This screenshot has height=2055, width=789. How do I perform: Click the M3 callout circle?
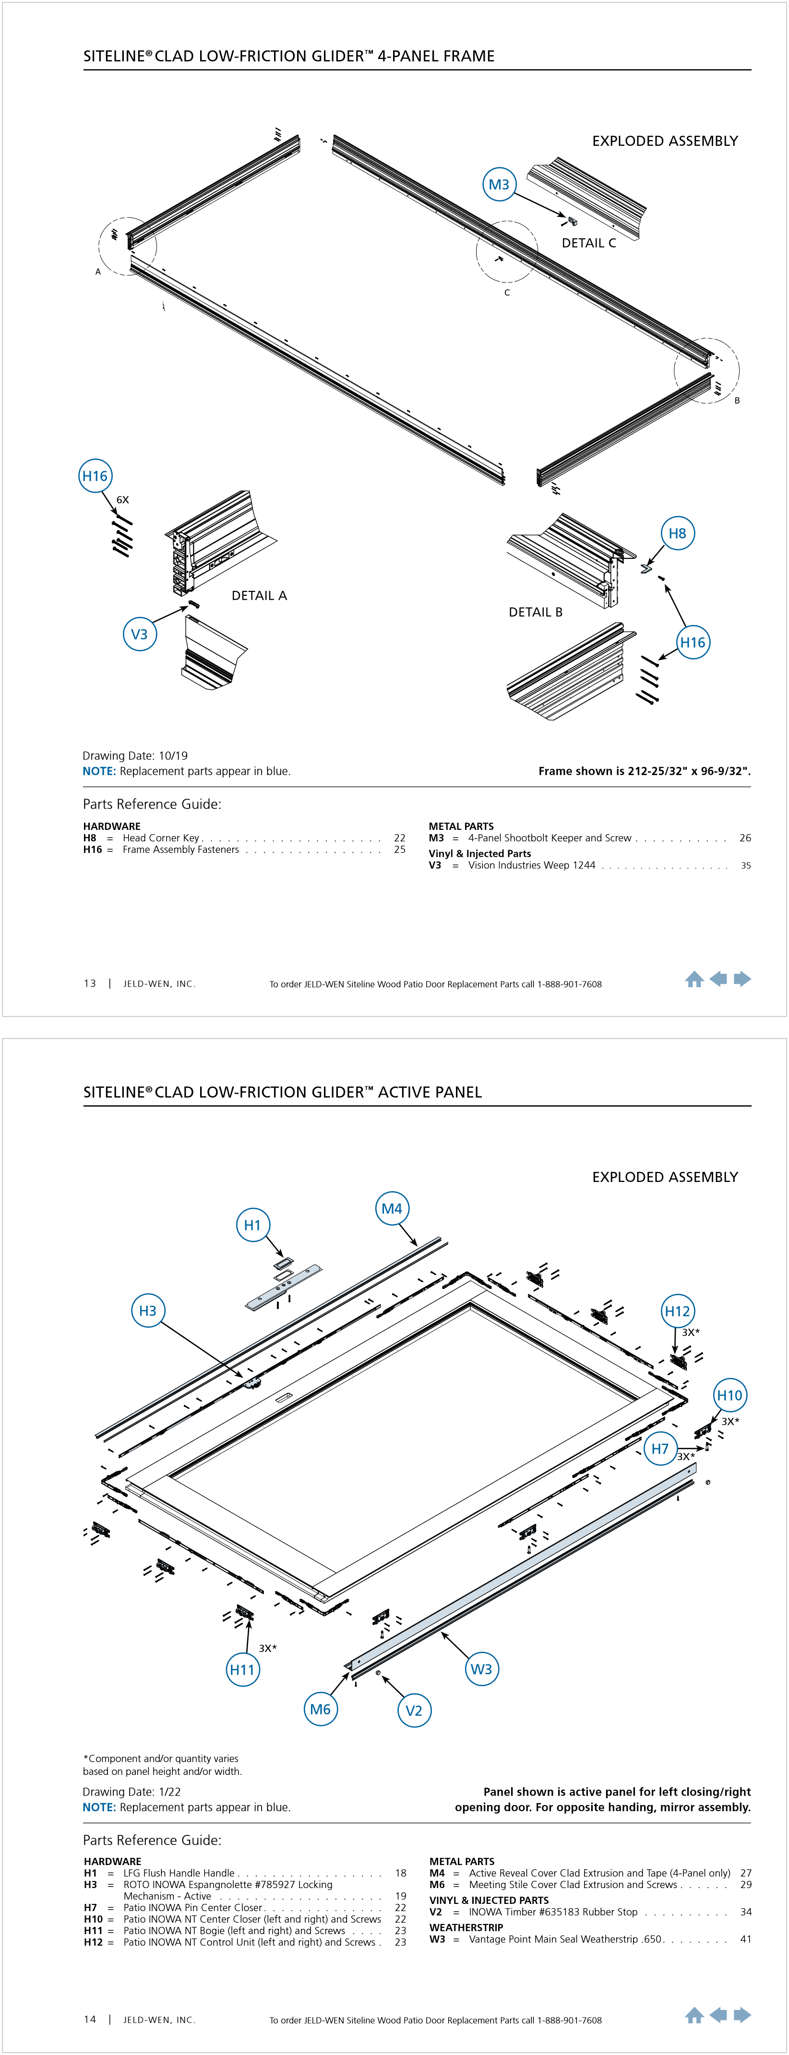(499, 184)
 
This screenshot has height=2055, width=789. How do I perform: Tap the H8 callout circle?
(677, 533)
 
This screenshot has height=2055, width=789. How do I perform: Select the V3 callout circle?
(140, 634)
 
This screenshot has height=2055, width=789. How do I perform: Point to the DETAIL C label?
(589, 243)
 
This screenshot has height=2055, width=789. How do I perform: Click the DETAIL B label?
(535, 612)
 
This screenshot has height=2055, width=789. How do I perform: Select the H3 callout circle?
(148, 1310)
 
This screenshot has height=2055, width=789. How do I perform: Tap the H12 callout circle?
(677, 1311)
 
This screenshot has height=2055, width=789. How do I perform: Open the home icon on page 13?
(694, 980)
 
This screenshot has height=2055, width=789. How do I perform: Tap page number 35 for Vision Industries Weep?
(746, 865)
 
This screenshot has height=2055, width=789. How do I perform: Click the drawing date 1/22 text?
(131, 1791)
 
